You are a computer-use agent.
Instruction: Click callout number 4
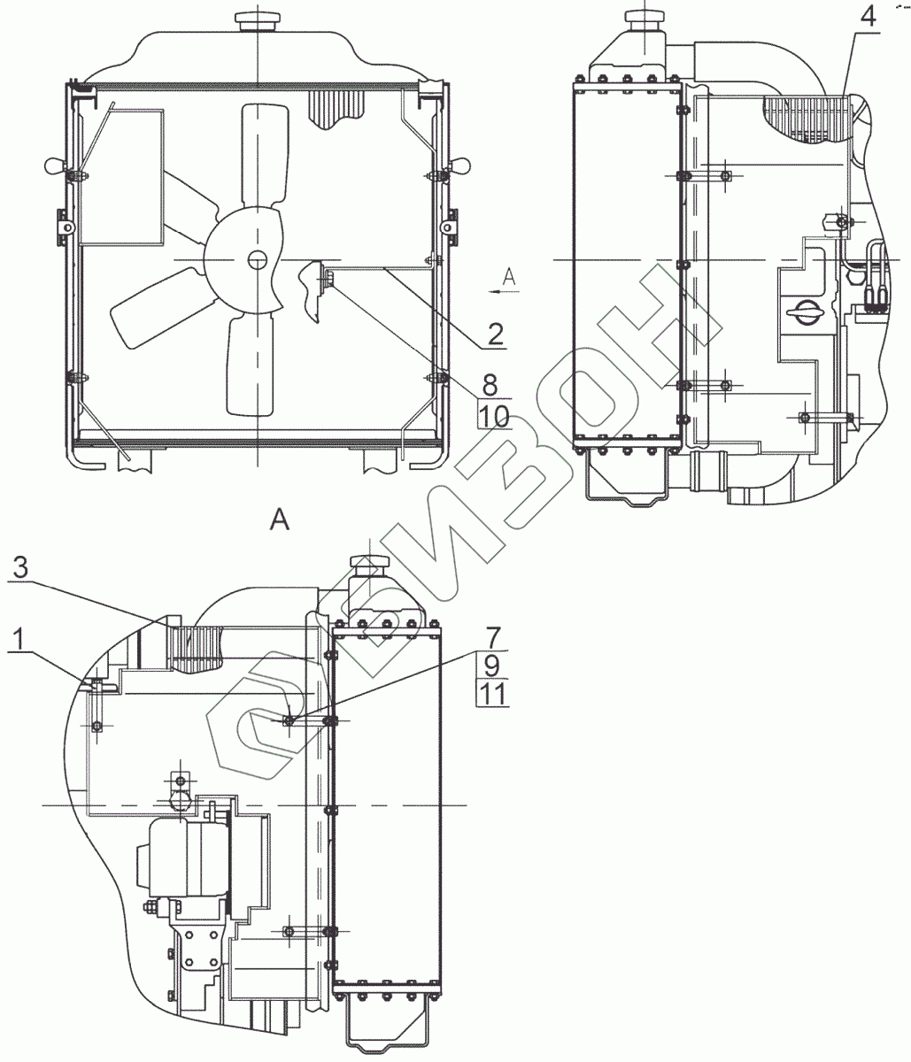click(x=867, y=18)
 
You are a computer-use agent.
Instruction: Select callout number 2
click(x=495, y=334)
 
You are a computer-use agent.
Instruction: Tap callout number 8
click(x=490, y=384)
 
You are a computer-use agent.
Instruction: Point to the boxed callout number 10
click(x=494, y=415)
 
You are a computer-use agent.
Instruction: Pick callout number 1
click(x=19, y=640)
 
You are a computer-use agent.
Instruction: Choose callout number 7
click(x=492, y=637)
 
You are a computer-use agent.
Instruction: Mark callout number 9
click(x=492, y=666)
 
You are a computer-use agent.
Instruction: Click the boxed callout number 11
click(x=492, y=694)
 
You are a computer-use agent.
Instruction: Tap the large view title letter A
click(x=280, y=521)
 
